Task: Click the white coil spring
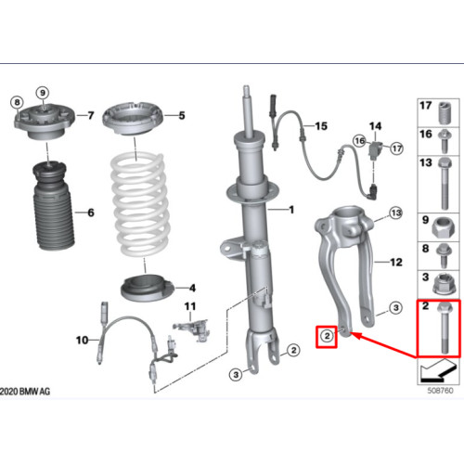tap(141, 204)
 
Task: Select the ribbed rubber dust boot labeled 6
tap(53, 206)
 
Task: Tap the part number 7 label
tap(91, 115)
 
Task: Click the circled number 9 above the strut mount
tap(43, 93)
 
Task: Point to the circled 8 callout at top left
tap(17, 102)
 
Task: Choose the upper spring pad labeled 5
tap(133, 118)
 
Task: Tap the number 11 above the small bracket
tap(190, 306)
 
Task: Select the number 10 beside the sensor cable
tap(83, 341)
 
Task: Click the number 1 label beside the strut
tap(291, 210)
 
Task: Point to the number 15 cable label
tap(321, 126)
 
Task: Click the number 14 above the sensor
tap(375, 126)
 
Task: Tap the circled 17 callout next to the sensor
tap(397, 148)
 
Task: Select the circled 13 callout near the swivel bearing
tap(396, 213)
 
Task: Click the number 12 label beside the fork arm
tap(396, 263)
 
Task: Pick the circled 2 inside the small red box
tap(327, 336)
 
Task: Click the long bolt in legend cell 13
tap(445, 183)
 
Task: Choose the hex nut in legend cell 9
tap(445, 228)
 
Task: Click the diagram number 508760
tap(440, 391)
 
